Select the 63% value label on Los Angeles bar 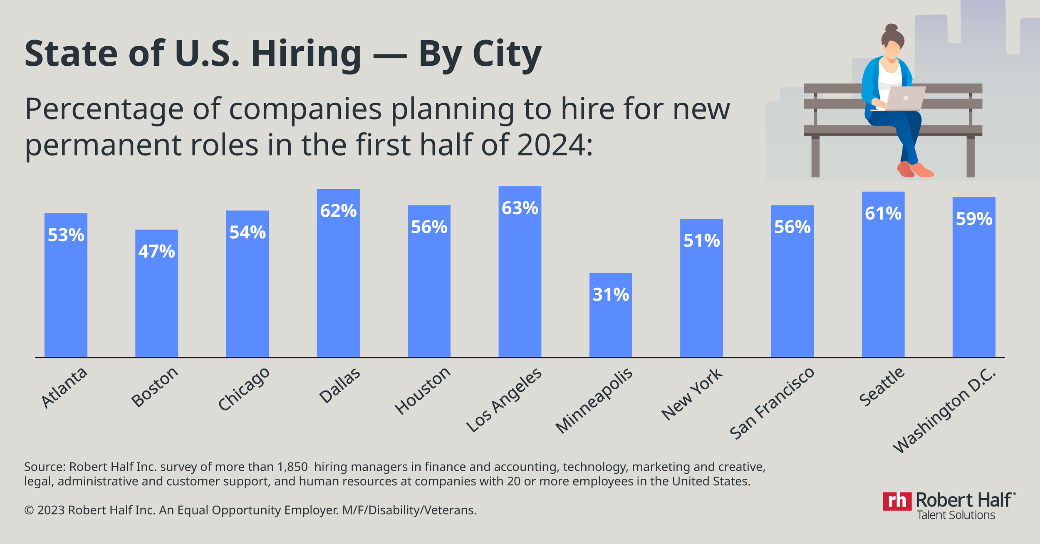(520, 208)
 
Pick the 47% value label (156, 252)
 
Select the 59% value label (974, 219)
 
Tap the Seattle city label (882, 387)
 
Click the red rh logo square (896, 501)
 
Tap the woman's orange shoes (915, 170)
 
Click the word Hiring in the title (307, 54)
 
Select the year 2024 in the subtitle (551, 145)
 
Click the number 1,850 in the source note (292, 467)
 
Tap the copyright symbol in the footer (29, 510)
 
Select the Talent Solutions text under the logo (956, 515)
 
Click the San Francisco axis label (772, 403)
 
